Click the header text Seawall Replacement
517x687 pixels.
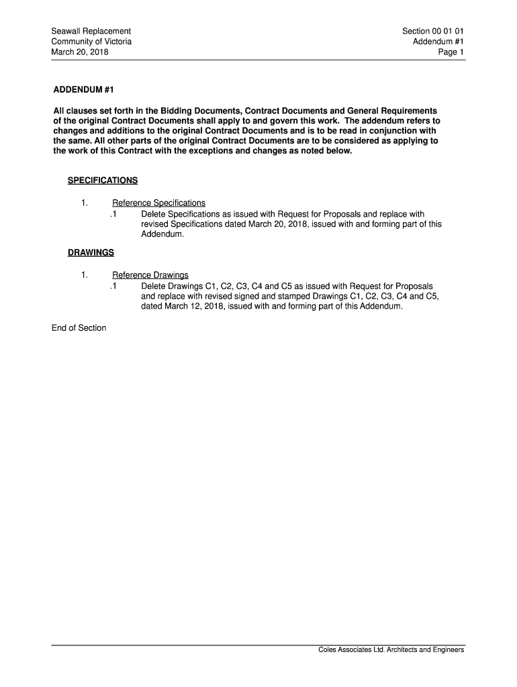pos(91,31)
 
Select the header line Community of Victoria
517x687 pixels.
pos(91,42)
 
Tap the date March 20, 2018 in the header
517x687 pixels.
pos(80,52)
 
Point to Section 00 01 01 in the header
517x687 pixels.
pos(433,31)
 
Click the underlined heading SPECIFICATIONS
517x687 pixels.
pos(103,181)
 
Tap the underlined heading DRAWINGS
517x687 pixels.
pos(91,253)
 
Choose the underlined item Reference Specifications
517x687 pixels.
pos(158,203)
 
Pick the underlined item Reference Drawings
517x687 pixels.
pos(150,275)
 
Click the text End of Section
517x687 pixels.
pos(79,328)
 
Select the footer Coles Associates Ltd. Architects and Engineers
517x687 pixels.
pos(391,649)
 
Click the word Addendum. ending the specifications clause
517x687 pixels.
pos(162,235)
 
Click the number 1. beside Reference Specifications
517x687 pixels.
pos(84,203)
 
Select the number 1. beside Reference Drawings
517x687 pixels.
pos(84,275)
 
